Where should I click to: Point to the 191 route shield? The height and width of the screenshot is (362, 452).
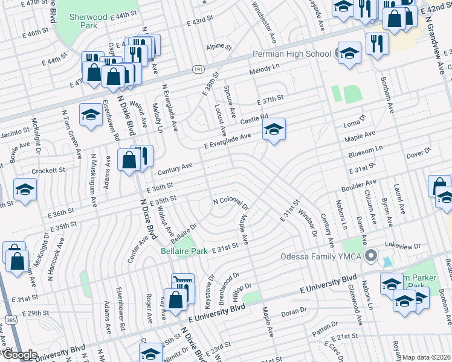coord(198,70)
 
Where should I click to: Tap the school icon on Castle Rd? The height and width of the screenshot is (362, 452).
coord(274,129)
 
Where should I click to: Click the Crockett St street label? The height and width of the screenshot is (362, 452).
coord(49,171)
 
